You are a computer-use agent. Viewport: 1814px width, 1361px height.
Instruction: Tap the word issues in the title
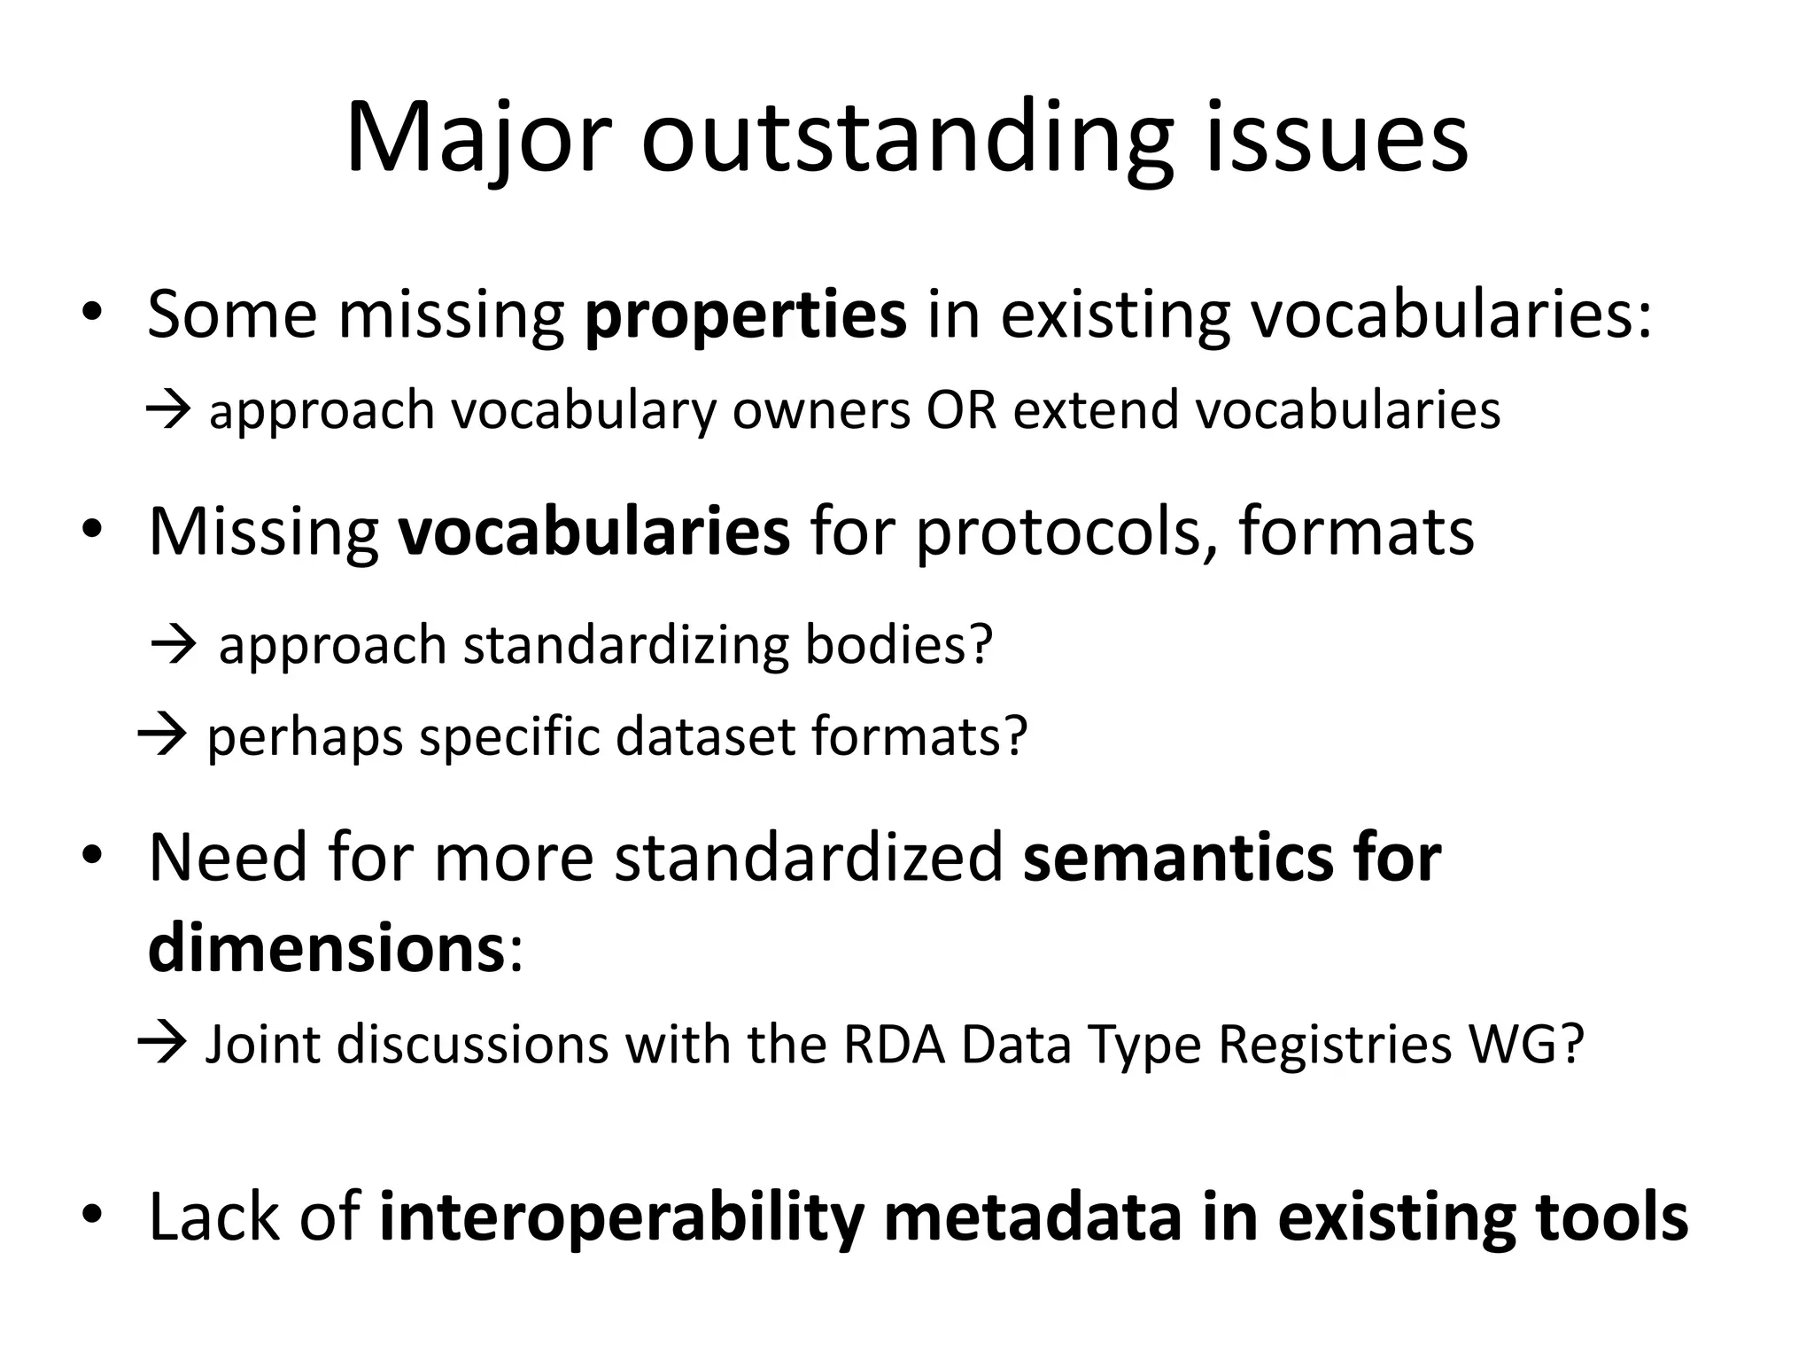1336,137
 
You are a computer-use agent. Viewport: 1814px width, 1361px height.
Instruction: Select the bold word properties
746,315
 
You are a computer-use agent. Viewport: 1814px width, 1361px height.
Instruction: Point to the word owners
821,410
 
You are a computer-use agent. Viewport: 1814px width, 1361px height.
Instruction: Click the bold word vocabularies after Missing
593,531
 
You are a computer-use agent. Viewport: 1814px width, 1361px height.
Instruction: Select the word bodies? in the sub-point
898,644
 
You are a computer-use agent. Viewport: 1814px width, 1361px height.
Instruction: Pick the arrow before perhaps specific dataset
161,735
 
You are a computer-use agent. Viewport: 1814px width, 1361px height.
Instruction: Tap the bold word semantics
1177,858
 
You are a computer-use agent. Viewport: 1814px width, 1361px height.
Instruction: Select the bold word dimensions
326,948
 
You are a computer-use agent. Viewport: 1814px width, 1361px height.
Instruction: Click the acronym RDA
894,1044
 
